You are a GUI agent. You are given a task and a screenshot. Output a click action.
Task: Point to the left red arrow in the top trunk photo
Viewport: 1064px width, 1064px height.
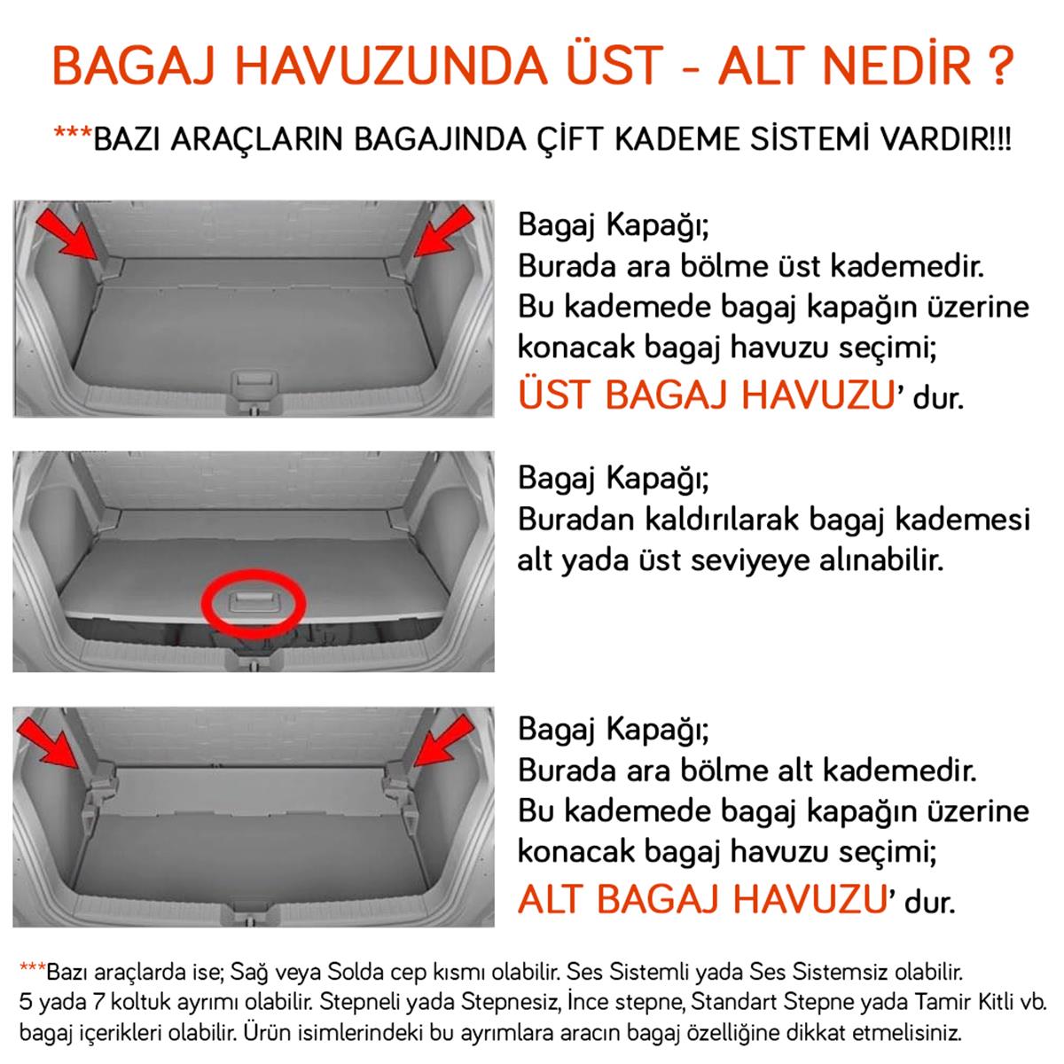68,232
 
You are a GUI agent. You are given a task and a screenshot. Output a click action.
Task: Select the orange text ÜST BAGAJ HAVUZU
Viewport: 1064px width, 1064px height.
705,394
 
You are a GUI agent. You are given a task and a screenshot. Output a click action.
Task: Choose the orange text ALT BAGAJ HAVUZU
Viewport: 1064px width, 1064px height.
702,900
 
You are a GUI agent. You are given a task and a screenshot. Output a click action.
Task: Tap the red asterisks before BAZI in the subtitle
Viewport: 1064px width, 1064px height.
72,135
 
